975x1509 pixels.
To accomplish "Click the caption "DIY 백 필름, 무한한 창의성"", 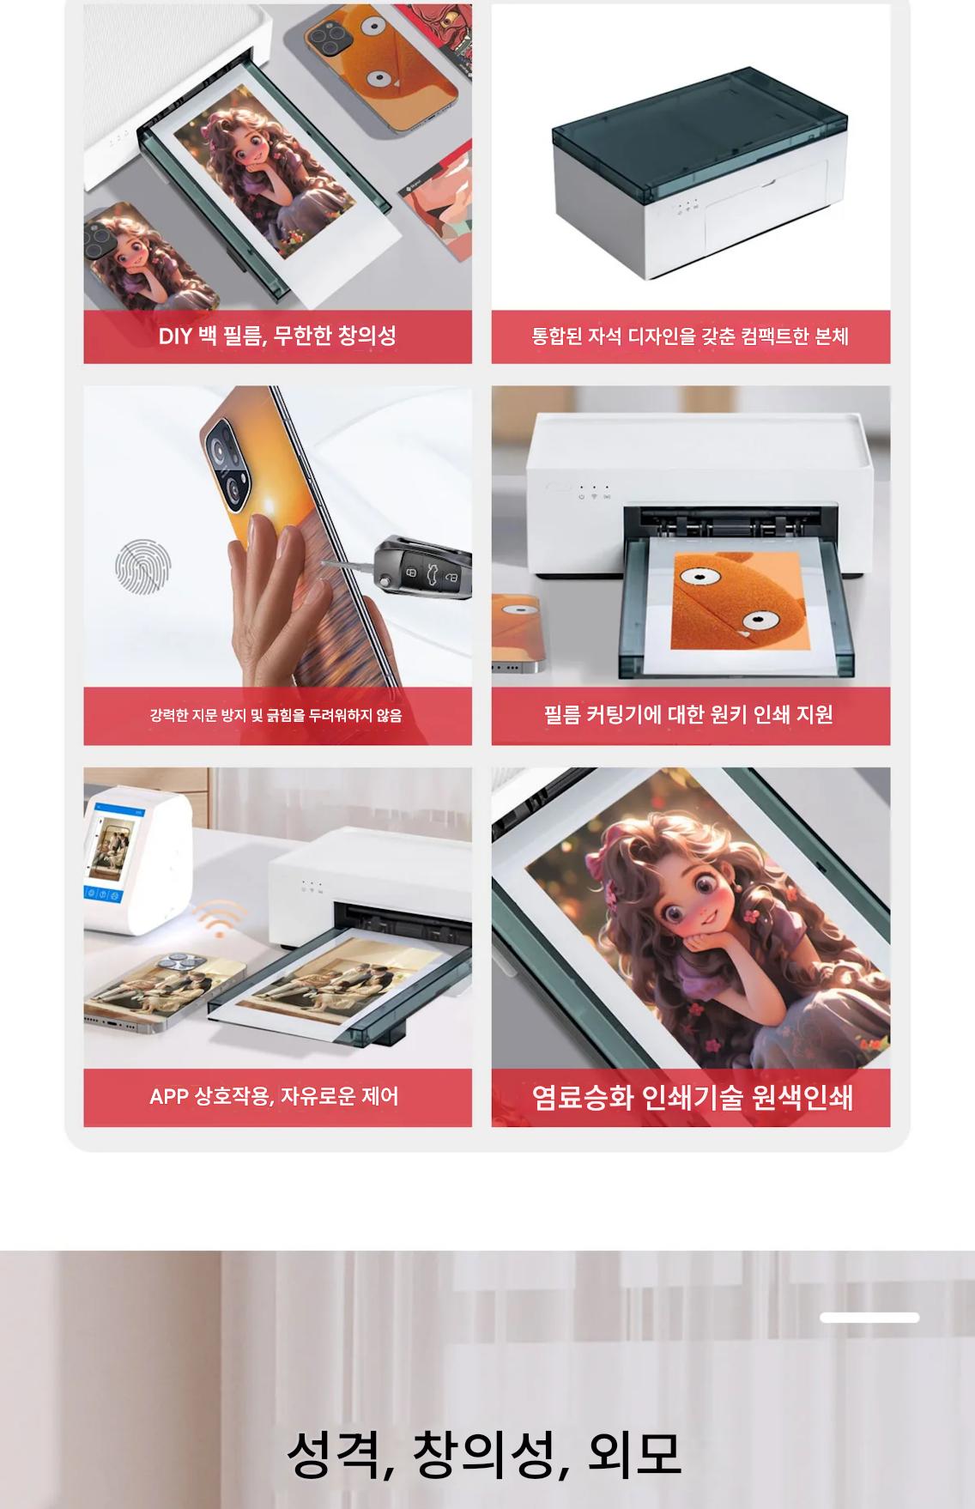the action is click(277, 336).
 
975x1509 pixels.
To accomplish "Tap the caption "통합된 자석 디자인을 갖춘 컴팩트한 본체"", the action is click(690, 336).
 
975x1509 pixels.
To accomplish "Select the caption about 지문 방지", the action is click(276, 715).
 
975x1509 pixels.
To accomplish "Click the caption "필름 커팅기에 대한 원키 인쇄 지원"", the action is click(688, 714).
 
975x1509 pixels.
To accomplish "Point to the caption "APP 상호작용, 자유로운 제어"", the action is click(274, 1096).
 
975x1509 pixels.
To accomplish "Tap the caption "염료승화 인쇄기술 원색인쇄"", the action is click(692, 1097).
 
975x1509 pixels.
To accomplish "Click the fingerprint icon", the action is click(143, 567).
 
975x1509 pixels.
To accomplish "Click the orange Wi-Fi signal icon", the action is click(220, 919).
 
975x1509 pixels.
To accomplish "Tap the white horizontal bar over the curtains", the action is click(869, 1318).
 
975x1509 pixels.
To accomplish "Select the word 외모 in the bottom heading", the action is click(634, 1454).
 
